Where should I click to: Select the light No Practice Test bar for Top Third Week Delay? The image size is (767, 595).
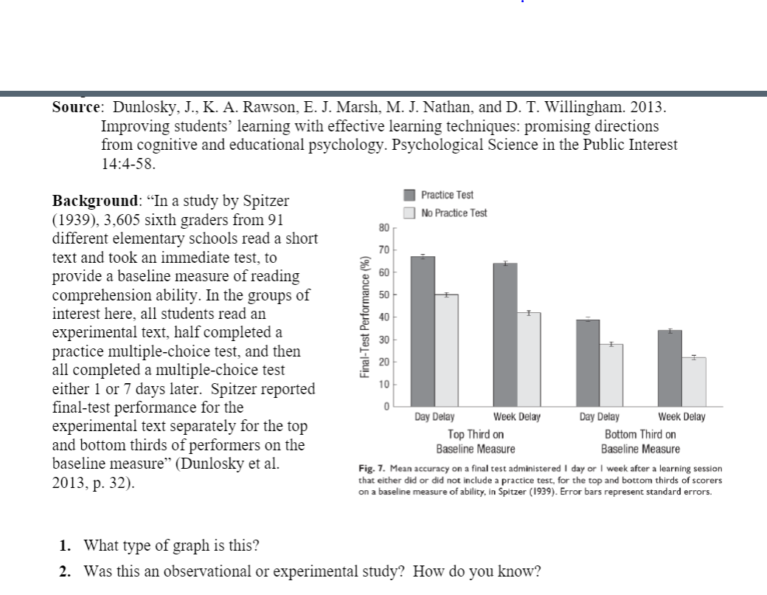(529, 360)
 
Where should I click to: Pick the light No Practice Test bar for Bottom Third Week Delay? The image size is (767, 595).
(694, 382)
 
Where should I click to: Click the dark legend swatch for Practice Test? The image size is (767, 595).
(412, 195)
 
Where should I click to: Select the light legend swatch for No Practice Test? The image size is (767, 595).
(412, 213)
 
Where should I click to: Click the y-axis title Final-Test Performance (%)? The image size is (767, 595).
(363, 317)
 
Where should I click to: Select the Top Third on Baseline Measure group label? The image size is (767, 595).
(476, 441)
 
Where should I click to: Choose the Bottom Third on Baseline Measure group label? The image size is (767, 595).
(640, 441)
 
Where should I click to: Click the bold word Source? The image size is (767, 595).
(77, 107)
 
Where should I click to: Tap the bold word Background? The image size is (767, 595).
(94, 201)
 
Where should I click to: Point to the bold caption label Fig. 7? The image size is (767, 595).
(370, 469)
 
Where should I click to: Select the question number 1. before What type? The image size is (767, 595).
(66, 546)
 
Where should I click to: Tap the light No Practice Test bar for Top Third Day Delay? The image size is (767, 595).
(446, 350)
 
